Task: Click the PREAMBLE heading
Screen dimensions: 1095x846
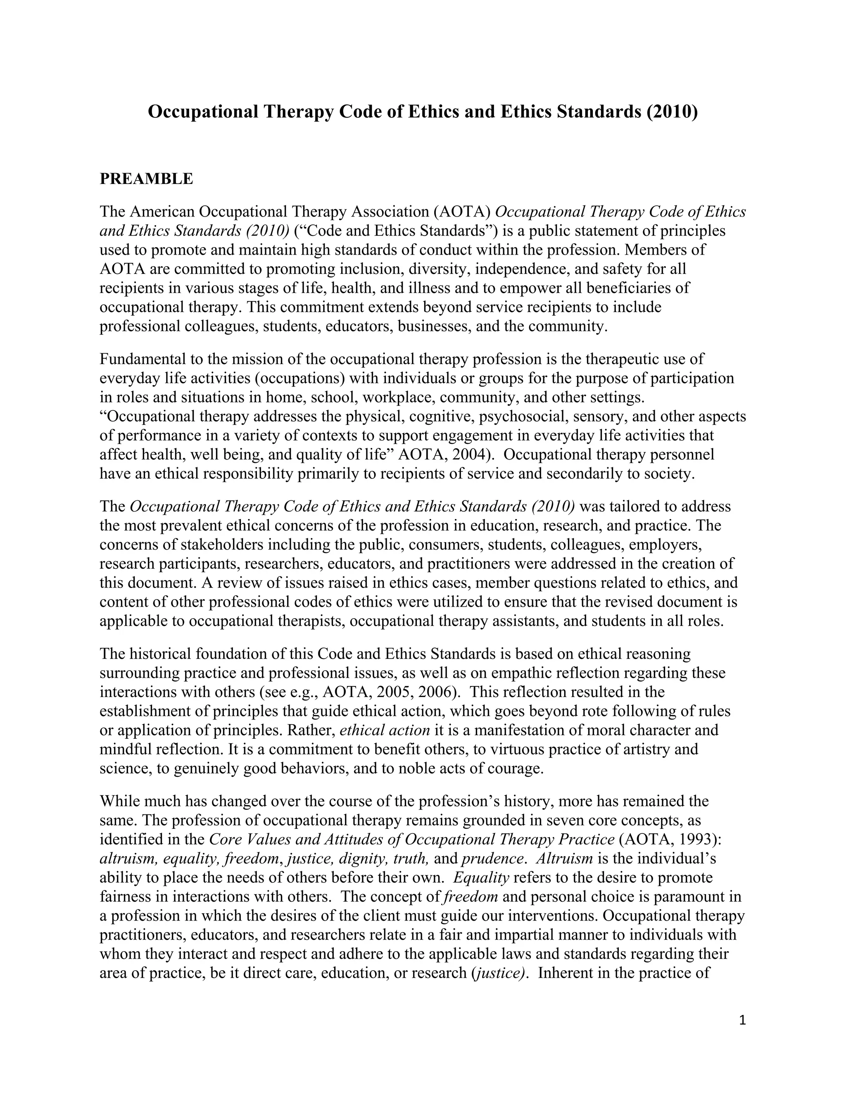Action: (x=146, y=179)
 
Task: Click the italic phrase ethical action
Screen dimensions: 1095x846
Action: (x=385, y=730)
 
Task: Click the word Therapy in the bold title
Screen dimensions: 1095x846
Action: (x=296, y=112)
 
